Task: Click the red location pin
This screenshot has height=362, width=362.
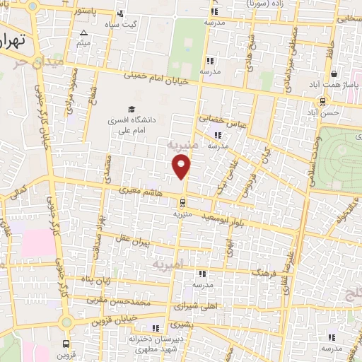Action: tap(182, 166)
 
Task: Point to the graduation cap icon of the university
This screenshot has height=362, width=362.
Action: tap(131, 109)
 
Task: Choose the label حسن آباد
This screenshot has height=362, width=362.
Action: tap(327, 112)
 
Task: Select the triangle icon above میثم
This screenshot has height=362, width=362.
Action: tap(84, 33)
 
